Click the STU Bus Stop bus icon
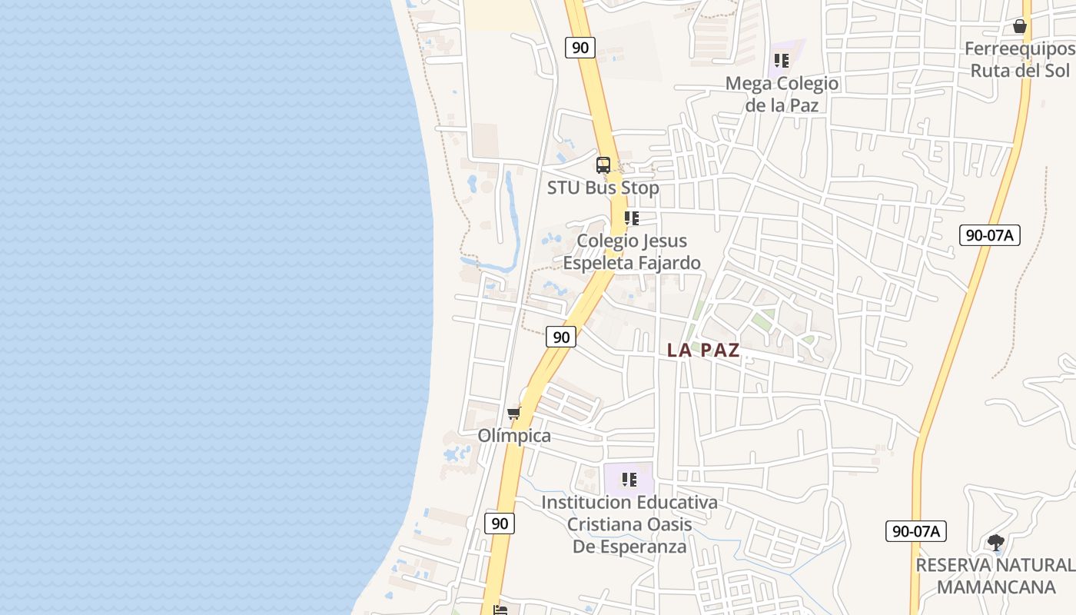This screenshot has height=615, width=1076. click(x=603, y=165)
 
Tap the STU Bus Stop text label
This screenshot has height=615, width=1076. click(x=603, y=188)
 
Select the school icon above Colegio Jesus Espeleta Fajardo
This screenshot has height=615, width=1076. click(x=632, y=218)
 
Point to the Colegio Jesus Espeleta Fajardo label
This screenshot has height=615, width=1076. click(x=632, y=251)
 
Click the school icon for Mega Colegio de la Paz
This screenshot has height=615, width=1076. click(x=782, y=60)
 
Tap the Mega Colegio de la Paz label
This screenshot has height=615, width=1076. click(x=782, y=94)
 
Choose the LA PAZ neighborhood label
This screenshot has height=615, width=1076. click(x=703, y=351)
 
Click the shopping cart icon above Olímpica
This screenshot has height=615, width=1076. click(x=514, y=414)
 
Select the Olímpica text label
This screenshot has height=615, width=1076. click(x=514, y=436)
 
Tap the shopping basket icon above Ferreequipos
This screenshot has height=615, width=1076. click(x=1020, y=26)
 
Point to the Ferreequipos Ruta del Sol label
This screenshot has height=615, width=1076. click(x=1020, y=60)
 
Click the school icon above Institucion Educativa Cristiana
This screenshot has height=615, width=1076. click(x=629, y=480)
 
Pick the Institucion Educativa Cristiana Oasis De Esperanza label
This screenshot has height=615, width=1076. click(x=629, y=524)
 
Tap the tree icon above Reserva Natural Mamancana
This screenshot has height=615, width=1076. click(x=996, y=543)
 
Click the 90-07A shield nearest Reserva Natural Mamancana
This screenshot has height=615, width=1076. click(x=915, y=530)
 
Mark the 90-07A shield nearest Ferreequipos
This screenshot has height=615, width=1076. click(x=990, y=235)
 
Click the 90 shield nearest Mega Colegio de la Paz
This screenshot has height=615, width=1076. click(x=580, y=48)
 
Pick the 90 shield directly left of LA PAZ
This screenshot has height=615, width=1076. click(x=562, y=337)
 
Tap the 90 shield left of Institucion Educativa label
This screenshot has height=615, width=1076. click(x=500, y=524)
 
